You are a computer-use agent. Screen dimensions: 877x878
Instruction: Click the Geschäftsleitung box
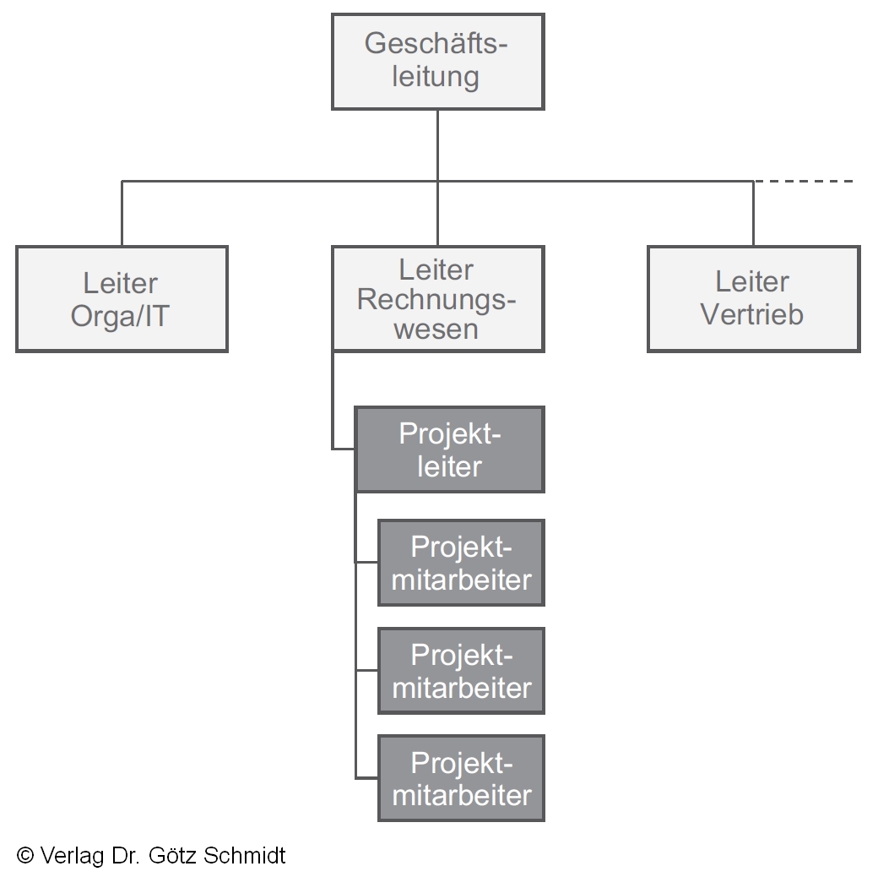click(x=437, y=61)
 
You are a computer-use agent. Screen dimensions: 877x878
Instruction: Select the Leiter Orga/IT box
click(x=122, y=299)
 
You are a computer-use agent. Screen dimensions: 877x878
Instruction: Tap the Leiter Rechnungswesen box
click(x=437, y=299)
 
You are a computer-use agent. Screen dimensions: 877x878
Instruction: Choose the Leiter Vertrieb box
click(x=753, y=299)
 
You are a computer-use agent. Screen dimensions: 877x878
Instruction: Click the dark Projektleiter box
click(x=449, y=449)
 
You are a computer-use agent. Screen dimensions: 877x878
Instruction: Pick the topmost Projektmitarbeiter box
click(x=461, y=563)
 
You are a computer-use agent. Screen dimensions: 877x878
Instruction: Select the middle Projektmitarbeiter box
click(x=461, y=671)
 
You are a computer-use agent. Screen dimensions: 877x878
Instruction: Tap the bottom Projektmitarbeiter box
click(x=461, y=778)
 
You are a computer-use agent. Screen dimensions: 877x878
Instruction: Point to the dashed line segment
click(x=804, y=181)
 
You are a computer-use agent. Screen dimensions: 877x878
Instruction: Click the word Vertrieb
click(x=752, y=314)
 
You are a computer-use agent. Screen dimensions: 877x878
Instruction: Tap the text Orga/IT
click(x=121, y=316)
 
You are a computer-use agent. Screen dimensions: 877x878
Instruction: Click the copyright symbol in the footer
click(x=25, y=856)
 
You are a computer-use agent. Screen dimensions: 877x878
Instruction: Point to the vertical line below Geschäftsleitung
click(x=437, y=144)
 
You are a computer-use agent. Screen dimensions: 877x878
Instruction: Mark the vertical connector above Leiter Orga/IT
click(x=122, y=213)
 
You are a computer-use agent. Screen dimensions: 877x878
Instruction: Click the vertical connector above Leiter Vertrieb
click(x=753, y=213)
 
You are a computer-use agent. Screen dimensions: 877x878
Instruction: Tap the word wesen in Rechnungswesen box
click(x=436, y=330)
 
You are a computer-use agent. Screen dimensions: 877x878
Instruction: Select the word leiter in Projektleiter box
click(x=449, y=466)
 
